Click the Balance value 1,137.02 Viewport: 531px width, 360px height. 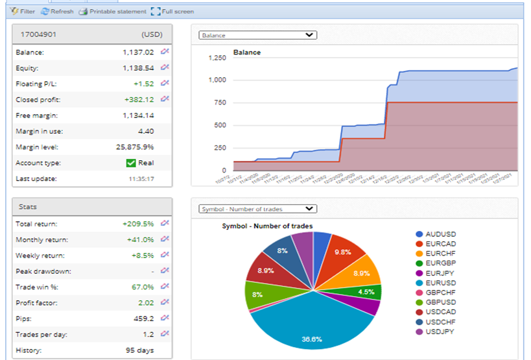138,52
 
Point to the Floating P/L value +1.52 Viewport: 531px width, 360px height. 143,84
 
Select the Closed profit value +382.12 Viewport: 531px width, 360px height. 139,99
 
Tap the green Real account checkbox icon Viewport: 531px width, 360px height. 131,163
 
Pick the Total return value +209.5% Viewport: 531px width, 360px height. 138,224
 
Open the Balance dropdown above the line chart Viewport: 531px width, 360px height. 257,35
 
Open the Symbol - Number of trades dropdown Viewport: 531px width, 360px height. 257,209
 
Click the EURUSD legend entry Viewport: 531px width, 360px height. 442,283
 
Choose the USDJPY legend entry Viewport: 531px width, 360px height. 442,331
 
